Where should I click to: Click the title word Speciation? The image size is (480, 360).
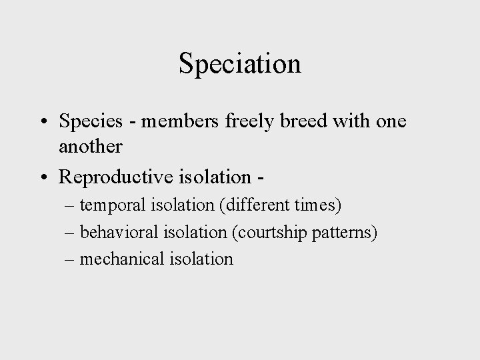pos(240,64)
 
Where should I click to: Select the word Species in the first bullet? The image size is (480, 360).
pos(90,122)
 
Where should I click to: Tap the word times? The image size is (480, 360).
pos(320,206)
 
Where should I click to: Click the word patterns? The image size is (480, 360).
pos(345,232)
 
